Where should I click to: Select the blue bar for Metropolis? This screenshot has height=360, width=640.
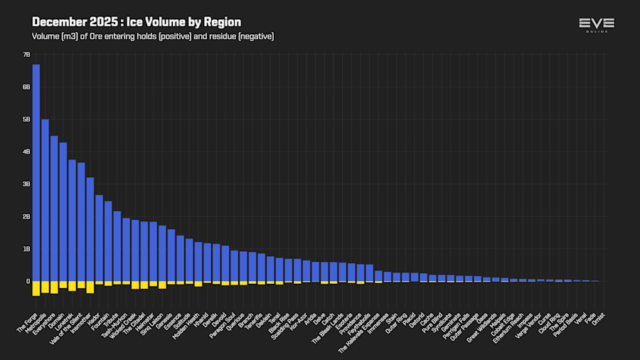click(45, 200)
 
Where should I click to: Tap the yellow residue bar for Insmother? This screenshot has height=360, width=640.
click(90, 287)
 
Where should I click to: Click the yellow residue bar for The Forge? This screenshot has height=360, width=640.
click(36, 287)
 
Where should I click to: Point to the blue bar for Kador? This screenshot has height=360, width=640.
click(99, 238)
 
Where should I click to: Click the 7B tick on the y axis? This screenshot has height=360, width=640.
click(26, 54)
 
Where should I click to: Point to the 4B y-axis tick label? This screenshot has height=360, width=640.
click(26, 152)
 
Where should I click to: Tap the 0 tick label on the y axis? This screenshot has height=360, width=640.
click(28, 282)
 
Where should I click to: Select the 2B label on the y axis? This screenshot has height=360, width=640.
click(26, 216)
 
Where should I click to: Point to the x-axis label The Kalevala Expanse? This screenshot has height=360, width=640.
click(360, 319)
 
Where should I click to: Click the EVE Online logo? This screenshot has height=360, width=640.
click(596, 25)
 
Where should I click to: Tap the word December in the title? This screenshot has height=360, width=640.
click(59, 22)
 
